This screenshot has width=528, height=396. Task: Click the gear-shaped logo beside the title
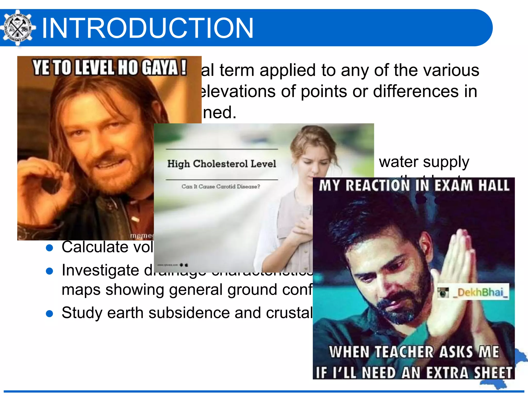point(17,28)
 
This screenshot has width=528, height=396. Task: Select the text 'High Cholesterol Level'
point(222,164)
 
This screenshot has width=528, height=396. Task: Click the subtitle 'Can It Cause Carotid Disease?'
point(221,186)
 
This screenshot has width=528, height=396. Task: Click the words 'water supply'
point(424,162)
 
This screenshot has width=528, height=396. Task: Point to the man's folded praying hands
point(461,271)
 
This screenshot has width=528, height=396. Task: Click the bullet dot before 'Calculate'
point(49,248)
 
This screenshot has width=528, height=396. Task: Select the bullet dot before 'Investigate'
point(49,271)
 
